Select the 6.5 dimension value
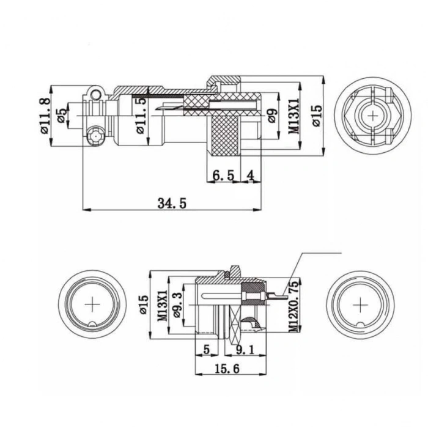[x=223, y=175]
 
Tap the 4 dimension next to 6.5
[x=250, y=175]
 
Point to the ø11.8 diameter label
[x=44, y=116]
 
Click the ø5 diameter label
[x=61, y=116]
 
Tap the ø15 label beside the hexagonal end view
[x=315, y=115]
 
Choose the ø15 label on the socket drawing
[x=144, y=303]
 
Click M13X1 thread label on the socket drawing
[x=163, y=303]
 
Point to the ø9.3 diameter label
[x=178, y=304]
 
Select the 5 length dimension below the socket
[x=206, y=350]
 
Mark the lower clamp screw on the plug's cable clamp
[x=95, y=136]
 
